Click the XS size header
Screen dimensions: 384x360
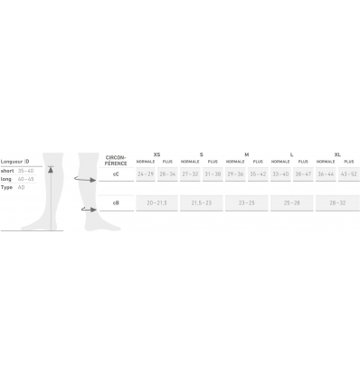(x=157, y=154)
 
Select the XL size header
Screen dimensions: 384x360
(x=337, y=154)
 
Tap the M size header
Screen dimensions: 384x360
(x=247, y=154)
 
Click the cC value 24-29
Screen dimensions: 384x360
(x=146, y=173)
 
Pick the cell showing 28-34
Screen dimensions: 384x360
(x=168, y=173)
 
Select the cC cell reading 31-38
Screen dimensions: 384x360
(x=213, y=173)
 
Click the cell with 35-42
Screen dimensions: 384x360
(x=258, y=173)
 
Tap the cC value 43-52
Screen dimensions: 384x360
(x=348, y=173)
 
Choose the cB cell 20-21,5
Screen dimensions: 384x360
(x=157, y=203)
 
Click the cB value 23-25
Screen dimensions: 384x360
(x=247, y=203)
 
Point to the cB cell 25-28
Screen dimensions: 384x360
(x=292, y=203)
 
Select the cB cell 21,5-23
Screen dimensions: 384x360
(x=202, y=203)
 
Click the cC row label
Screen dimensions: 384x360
(x=115, y=173)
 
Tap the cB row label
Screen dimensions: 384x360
(x=115, y=203)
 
